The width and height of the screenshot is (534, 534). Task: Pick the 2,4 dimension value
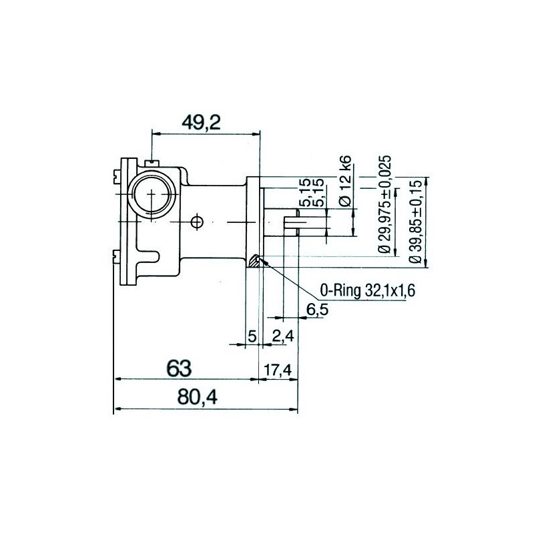[x=283, y=335]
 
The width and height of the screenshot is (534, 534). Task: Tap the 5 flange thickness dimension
[x=252, y=335]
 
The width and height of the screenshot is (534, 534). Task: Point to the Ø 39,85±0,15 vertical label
[x=417, y=220]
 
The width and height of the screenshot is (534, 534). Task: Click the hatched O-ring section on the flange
[x=254, y=261]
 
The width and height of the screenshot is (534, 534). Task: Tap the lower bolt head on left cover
[x=115, y=253]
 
